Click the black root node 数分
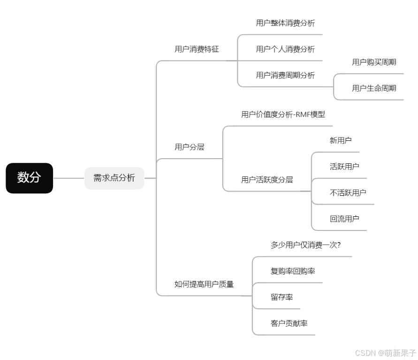[x=29, y=178]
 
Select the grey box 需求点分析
[x=114, y=178]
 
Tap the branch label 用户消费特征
[x=197, y=49]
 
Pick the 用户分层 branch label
[x=190, y=147]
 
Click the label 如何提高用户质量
[x=204, y=284]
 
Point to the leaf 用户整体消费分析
[x=285, y=23]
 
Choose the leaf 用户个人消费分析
[x=285, y=49]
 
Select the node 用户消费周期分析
[x=285, y=75]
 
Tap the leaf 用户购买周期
[x=374, y=62]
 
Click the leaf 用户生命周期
[x=374, y=88]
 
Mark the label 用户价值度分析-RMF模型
[x=283, y=115]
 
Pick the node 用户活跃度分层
[x=267, y=180]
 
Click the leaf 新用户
[x=341, y=140]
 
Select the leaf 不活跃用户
[x=348, y=192]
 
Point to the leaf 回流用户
[x=344, y=219]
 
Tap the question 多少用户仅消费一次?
[x=305, y=245]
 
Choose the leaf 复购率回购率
[x=293, y=271]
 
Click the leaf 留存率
[x=282, y=297]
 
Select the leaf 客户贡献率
[x=289, y=323]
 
